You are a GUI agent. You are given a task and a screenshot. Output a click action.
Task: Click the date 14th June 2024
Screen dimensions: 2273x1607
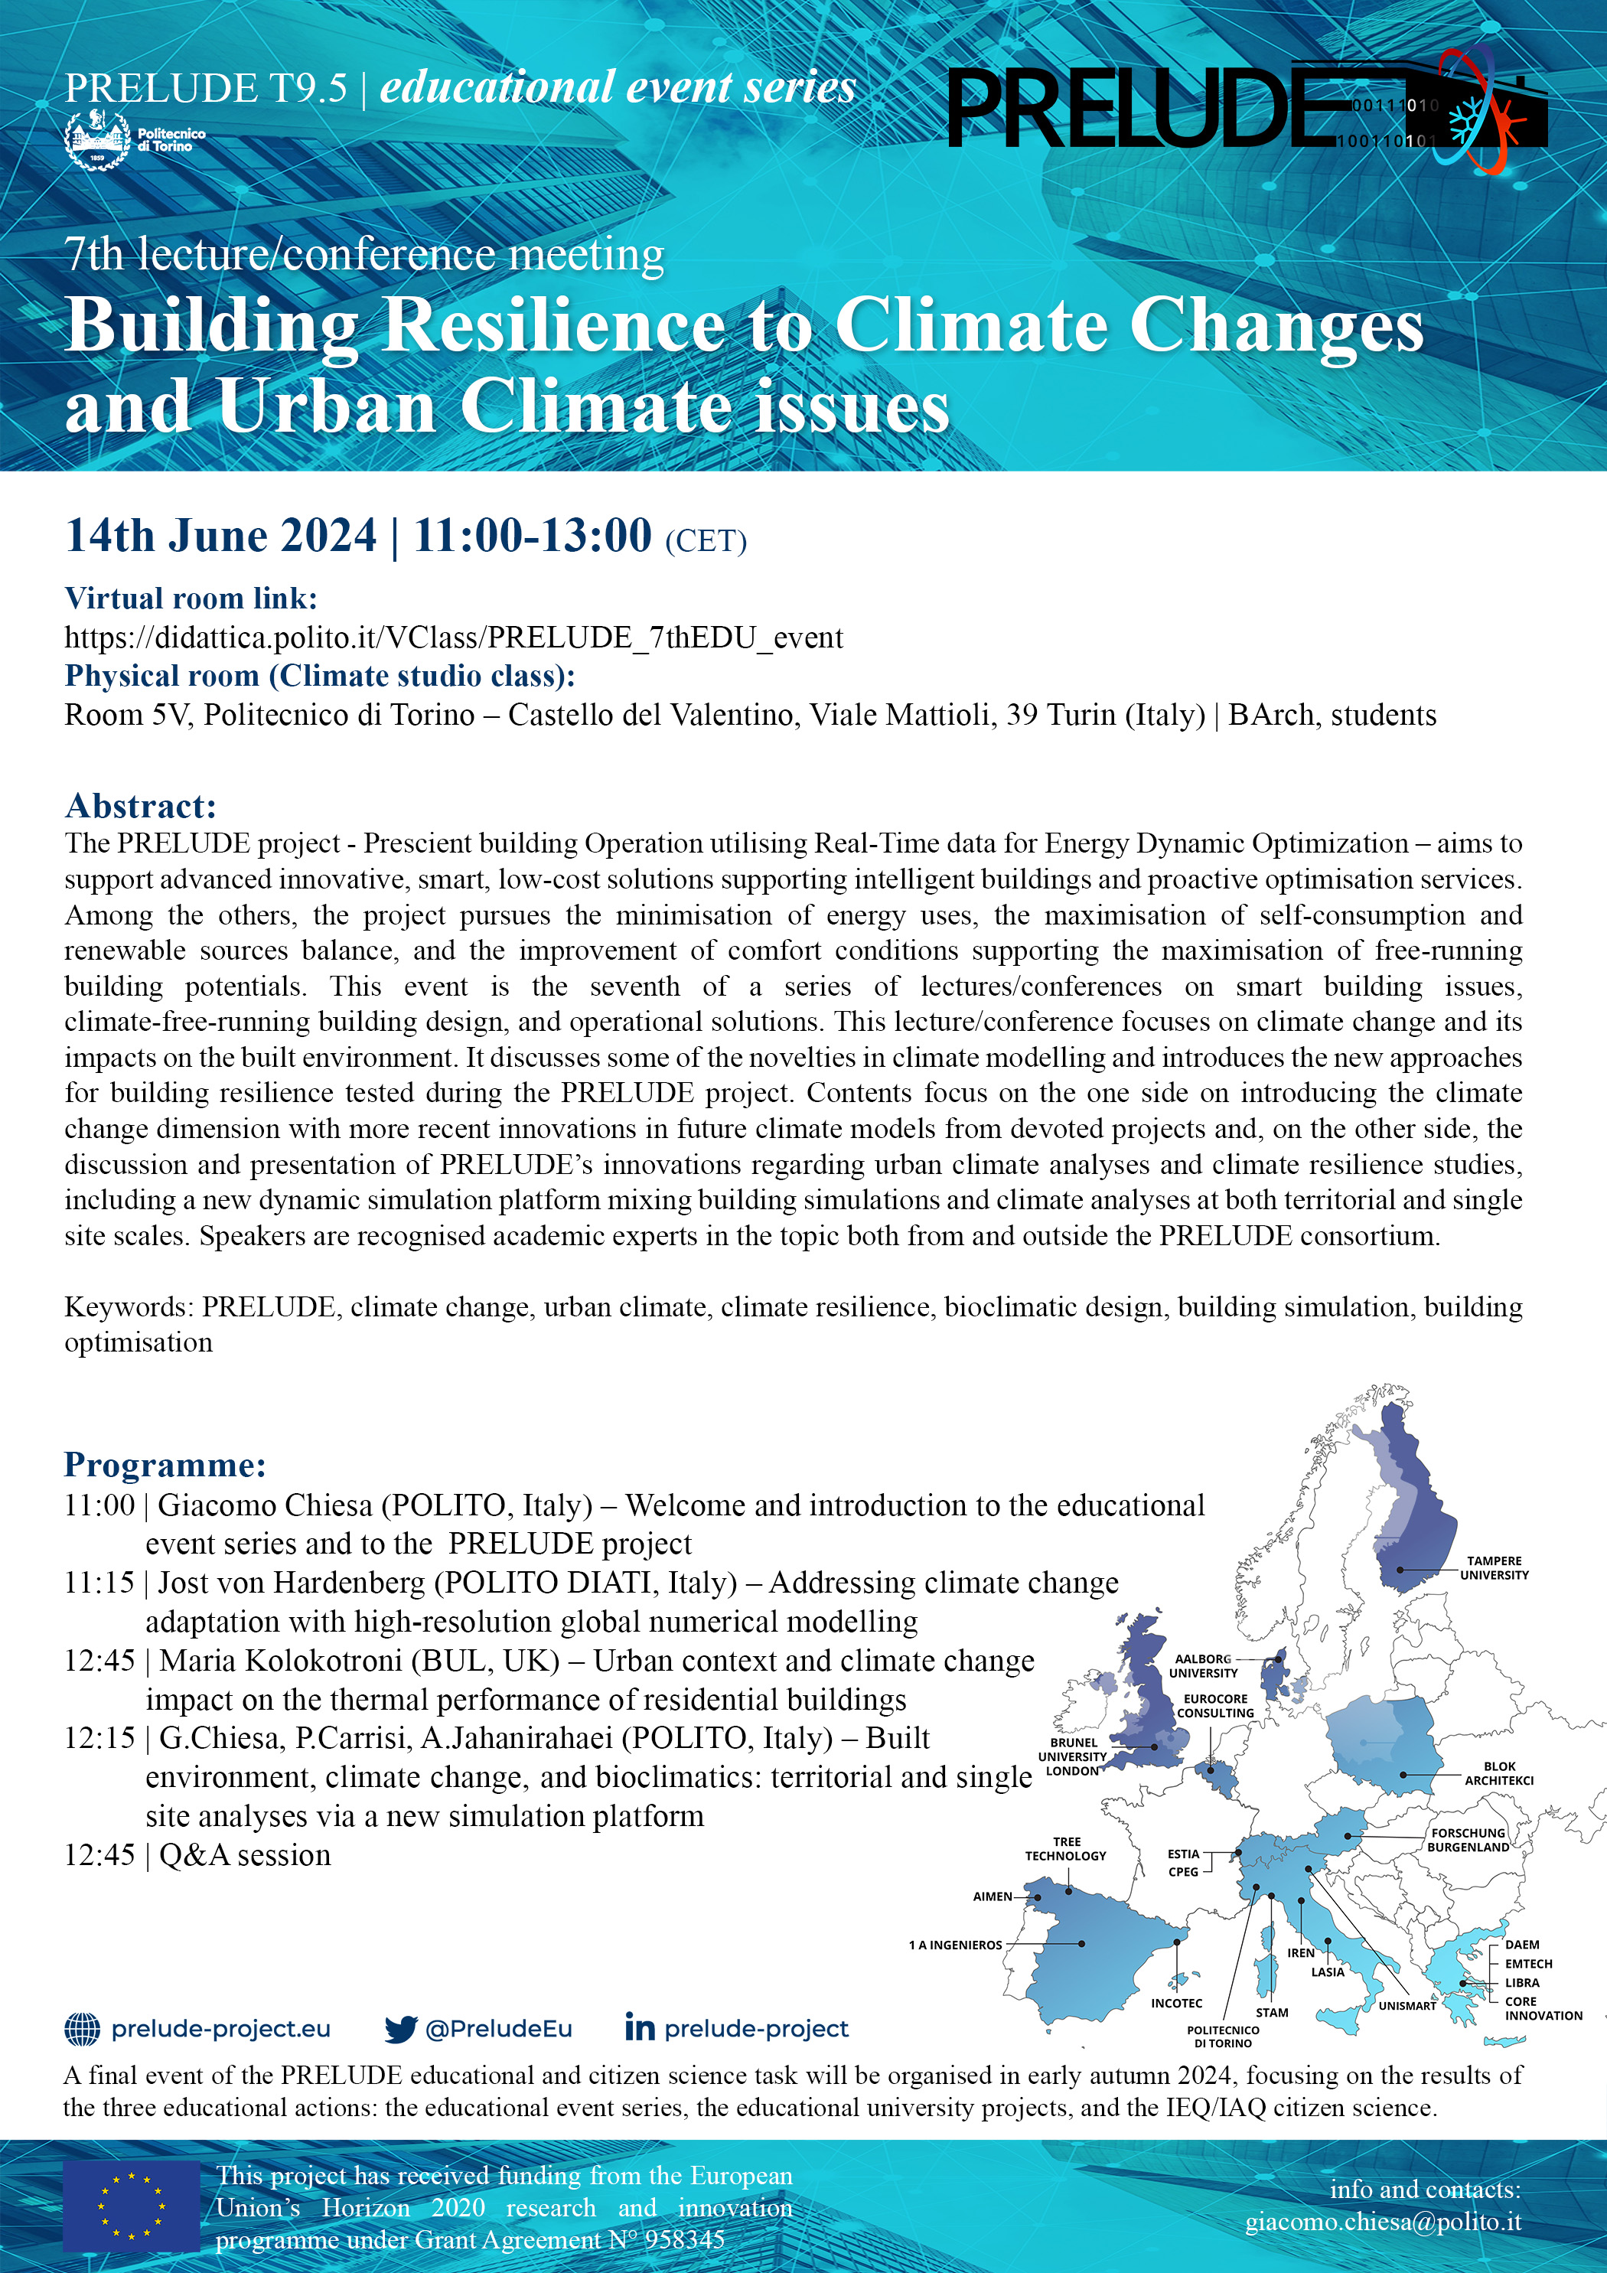tap(221, 536)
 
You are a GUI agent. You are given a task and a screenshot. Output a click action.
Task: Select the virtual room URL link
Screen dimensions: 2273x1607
tap(454, 638)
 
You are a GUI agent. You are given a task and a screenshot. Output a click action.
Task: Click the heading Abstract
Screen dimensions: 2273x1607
tap(141, 806)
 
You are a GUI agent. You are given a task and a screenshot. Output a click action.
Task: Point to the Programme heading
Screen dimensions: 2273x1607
tap(165, 1464)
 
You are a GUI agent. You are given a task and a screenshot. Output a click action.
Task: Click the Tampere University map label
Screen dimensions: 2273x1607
tap(1494, 1567)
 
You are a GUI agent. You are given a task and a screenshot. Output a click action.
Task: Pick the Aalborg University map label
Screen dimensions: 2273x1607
tap(1203, 1665)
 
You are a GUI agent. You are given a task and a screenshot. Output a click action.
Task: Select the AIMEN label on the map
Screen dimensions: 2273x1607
tap(992, 1896)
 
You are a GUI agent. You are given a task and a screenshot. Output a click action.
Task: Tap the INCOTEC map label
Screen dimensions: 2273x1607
tap(1176, 2003)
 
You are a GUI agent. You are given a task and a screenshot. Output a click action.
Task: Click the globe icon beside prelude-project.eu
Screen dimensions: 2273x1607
tap(82, 2028)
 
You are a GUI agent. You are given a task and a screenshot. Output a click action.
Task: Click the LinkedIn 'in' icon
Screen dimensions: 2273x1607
tap(640, 2027)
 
